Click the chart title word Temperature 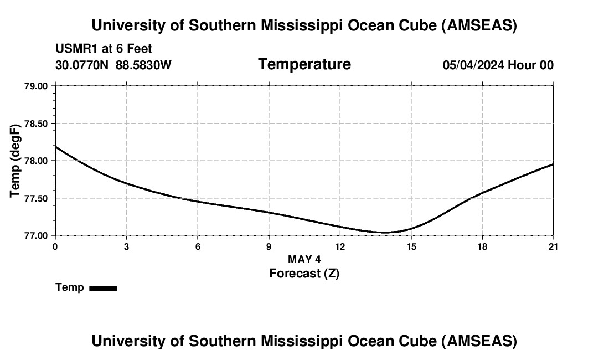click(x=304, y=64)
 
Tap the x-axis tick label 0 click(x=55, y=246)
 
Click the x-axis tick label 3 click(x=127, y=246)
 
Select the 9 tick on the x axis click(x=269, y=246)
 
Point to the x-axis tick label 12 click(x=340, y=246)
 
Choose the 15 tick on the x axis click(x=411, y=246)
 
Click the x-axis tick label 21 click(x=554, y=246)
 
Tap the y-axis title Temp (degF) click(x=16, y=161)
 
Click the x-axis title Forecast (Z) click(x=304, y=273)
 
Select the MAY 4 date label click(x=304, y=259)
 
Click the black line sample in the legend click(x=103, y=288)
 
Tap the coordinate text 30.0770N click(x=83, y=65)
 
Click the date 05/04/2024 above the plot click(x=473, y=65)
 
